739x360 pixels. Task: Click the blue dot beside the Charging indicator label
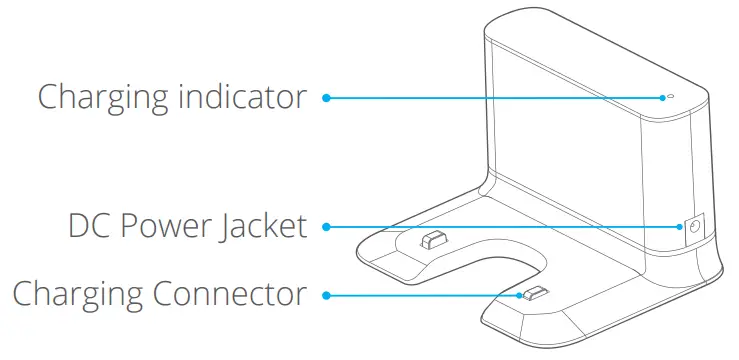tap(326, 97)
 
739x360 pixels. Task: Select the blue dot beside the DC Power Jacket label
tap(326, 227)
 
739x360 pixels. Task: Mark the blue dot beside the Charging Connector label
tap(326, 294)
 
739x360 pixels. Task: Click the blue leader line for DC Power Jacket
tap(500, 227)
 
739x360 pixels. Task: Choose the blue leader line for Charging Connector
tap(420, 294)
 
